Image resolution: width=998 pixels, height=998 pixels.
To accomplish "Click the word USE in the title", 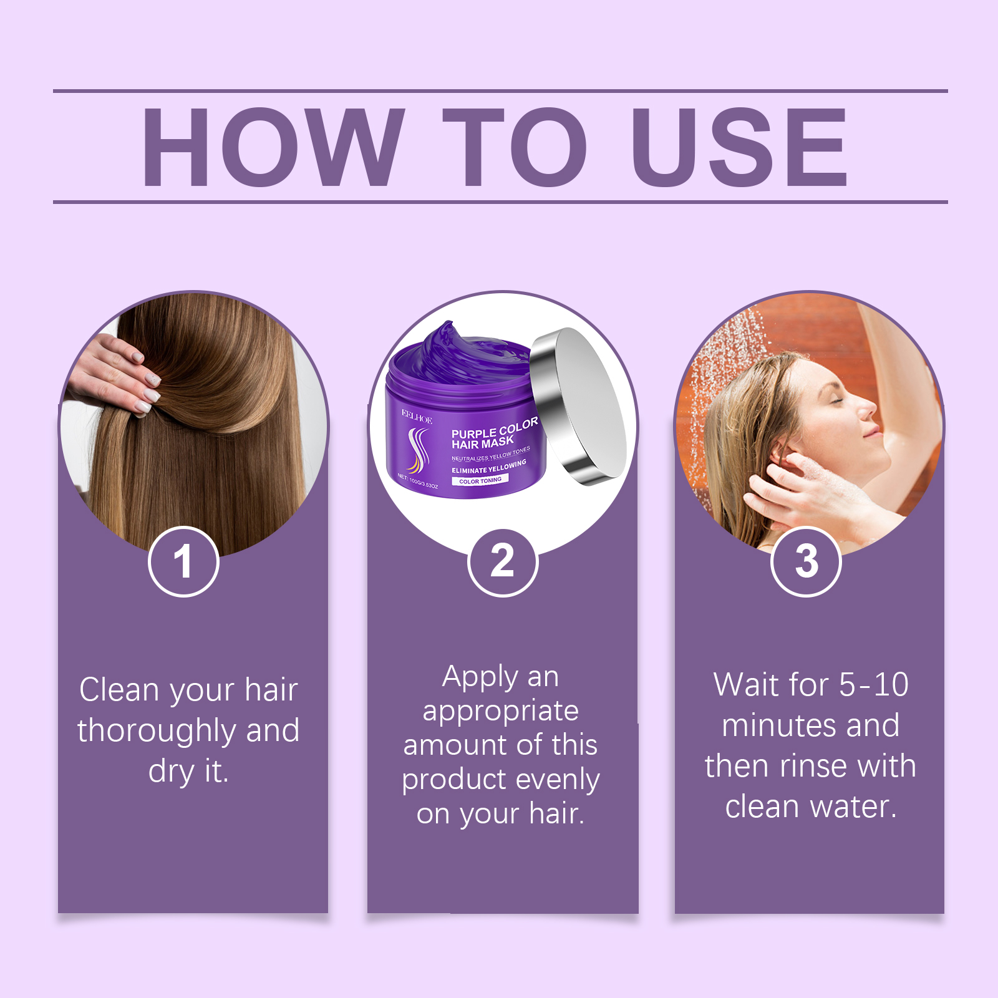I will click(739, 148).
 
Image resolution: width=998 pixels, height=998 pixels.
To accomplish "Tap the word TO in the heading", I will click(515, 148).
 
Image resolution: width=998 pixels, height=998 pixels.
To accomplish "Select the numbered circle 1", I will click(183, 561).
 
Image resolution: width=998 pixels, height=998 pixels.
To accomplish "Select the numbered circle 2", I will click(502, 561).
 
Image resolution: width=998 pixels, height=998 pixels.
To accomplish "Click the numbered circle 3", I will click(806, 561).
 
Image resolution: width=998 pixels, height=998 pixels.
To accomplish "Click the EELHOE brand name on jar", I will click(417, 417).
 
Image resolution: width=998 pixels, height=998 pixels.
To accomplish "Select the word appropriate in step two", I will click(500, 712).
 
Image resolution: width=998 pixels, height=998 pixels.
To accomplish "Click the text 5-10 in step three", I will click(873, 685).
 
